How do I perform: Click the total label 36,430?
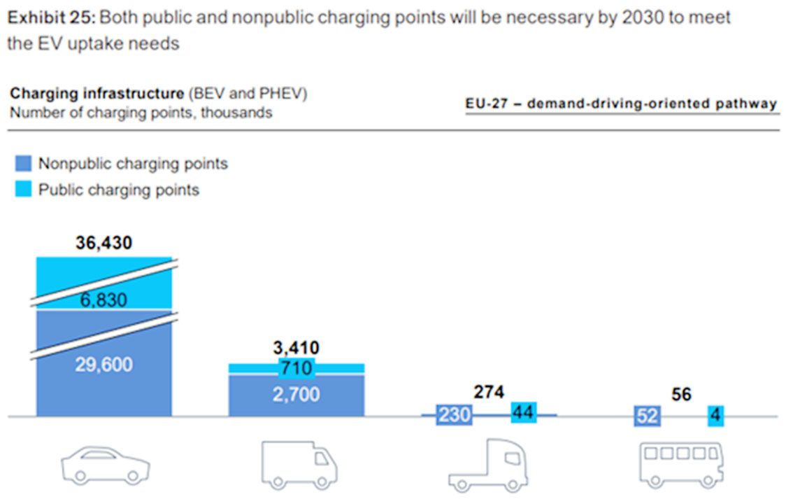coord(103,244)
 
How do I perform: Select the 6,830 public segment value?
coord(103,300)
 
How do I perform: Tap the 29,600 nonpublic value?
coord(103,365)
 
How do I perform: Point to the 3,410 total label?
coord(296,347)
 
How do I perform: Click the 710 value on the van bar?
coord(296,367)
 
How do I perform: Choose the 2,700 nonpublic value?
coord(296,394)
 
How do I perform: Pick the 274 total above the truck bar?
coord(489,393)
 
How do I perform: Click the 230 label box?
coord(454,416)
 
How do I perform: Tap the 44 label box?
coord(523,413)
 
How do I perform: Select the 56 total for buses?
coord(681,395)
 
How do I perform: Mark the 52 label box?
coord(648,416)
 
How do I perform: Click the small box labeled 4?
coord(715,416)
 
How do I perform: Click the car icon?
coord(105,464)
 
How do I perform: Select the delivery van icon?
coord(299,464)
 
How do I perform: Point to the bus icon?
coord(681,463)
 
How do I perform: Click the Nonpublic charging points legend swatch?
coord(23,164)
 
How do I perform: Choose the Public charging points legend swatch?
coord(23,190)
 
